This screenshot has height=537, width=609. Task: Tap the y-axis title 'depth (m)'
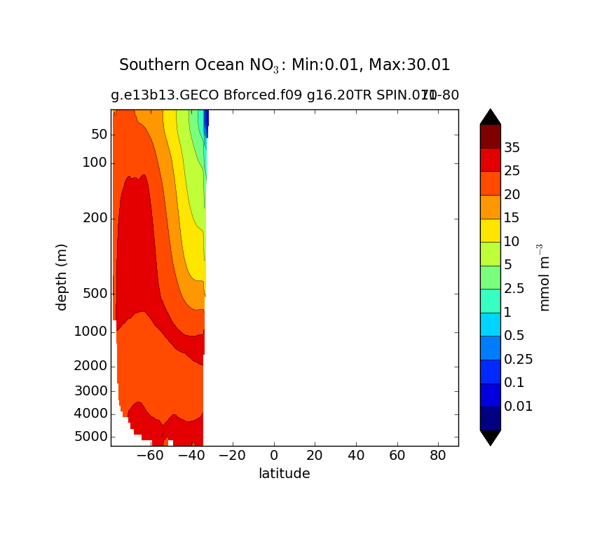(x=62, y=277)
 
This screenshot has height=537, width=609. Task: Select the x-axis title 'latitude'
(x=284, y=474)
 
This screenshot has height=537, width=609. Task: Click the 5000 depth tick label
(x=91, y=437)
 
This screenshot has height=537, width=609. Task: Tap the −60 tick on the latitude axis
(x=150, y=456)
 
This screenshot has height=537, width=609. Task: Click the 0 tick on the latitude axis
(x=274, y=456)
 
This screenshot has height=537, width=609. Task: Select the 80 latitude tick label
(x=439, y=456)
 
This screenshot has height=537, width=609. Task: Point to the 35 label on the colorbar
(x=512, y=147)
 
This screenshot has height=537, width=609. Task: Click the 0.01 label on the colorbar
(x=519, y=406)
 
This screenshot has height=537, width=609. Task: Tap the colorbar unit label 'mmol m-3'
(x=544, y=277)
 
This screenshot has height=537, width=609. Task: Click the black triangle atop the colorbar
(x=491, y=116)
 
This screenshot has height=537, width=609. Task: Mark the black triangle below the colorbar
(x=491, y=437)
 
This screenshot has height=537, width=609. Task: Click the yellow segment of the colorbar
(x=491, y=230)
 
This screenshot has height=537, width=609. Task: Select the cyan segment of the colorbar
(x=491, y=324)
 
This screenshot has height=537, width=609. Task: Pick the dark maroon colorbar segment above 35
(x=491, y=136)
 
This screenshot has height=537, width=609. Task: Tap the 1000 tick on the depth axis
(x=91, y=331)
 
